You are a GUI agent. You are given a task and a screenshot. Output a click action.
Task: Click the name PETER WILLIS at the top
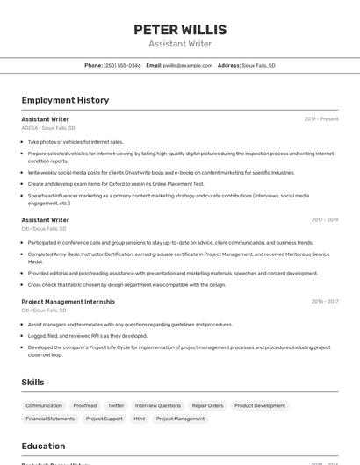pyautogui.click(x=180, y=30)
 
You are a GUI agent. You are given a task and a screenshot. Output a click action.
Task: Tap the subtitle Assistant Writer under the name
pyautogui.click(x=180, y=44)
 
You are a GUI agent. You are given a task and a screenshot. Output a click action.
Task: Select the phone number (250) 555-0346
pyautogui.click(x=122, y=65)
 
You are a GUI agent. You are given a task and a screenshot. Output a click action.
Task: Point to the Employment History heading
pyautogui.click(x=65, y=100)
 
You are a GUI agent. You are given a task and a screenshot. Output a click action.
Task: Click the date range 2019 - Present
pyautogui.click(x=321, y=119)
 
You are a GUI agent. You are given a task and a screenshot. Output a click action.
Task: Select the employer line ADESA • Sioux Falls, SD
pyautogui.click(x=48, y=128)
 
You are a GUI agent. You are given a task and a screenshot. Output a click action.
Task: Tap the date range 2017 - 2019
pyautogui.click(x=325, y=220)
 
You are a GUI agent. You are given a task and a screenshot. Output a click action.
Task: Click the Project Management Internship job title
pyautogui.click(x=68, y=301)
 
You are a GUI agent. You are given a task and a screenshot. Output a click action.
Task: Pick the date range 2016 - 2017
pyautogui.click(x=325, y=301)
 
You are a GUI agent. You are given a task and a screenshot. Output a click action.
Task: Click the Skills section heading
pyautogui.click(x=32, y=383)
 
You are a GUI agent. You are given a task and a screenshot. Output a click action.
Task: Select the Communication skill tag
pyautogui.click(x=44, y=405)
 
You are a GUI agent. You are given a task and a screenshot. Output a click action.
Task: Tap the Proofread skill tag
pyautogui.click(x=85, y=405)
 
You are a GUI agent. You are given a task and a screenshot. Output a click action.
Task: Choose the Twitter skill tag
pyautogui.click(x=116, y=405)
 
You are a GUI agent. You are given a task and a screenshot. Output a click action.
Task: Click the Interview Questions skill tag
pyautogui.click(x=158, y=405)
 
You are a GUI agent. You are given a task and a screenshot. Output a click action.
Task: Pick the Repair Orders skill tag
pyautogui.click(x=208, y=405)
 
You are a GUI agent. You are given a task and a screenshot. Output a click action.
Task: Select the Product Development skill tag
pyautogui.click(x=260, y=405)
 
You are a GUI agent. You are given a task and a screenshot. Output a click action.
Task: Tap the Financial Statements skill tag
pyautogui.click(x=50, y=418)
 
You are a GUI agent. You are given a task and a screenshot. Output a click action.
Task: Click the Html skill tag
pyautogui.click(x=140, y=418)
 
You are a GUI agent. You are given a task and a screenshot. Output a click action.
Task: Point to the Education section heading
pyautogui.click(x=43, y=446)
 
